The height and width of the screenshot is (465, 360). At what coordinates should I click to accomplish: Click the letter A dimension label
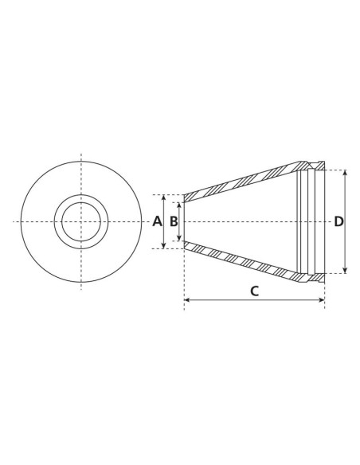(157, 221)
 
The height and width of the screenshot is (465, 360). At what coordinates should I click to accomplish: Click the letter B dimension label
(173, 221)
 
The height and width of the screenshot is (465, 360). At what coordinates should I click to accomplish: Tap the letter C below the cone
(254, 290)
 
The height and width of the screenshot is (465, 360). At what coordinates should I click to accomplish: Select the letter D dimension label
(338, 221)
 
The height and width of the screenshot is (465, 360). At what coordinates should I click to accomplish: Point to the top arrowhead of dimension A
(163, 197)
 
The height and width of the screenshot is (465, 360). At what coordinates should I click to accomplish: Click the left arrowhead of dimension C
(187, 300)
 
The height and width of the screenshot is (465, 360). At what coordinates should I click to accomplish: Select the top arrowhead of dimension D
(345, 173)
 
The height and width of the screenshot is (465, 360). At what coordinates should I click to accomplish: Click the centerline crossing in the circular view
(80, 221)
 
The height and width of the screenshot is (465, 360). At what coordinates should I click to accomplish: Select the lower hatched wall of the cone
(239, 260)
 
